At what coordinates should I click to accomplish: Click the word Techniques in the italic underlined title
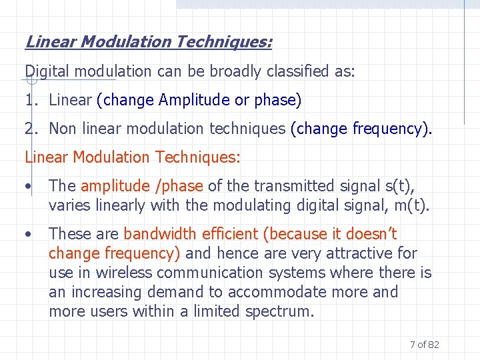(223, 42)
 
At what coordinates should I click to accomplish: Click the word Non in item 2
(63, 129)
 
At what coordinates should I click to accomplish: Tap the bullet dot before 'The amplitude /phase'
(28, 187)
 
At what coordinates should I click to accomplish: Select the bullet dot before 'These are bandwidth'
(28, 234)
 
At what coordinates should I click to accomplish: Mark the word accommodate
(276, 292)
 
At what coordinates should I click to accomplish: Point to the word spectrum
(279, 311)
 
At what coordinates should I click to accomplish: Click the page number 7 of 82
(424, 345)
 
